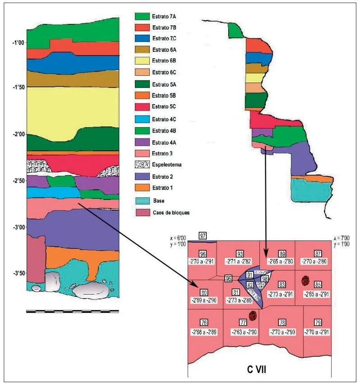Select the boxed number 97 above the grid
pyautogui.click(x=203, y=236)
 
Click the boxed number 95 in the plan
pyautogui.click(x=229, y=278)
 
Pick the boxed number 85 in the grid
pyautogui.click(x=318, y=285)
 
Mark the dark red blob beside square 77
pyautogui.click(x=253, y=315)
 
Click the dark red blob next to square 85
pyautogui.click(x=305, y=281)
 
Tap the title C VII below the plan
pyautogui.click(x=256, y=369)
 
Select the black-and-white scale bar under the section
pyautogui.click(x=73, y=311)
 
